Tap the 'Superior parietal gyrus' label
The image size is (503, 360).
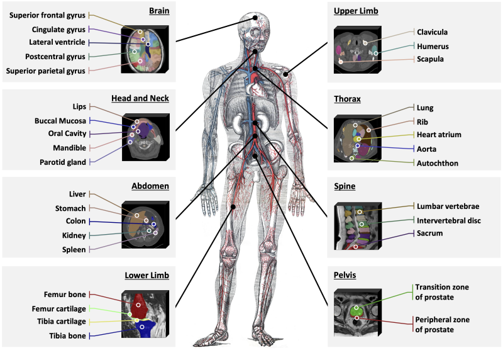pos(45,70)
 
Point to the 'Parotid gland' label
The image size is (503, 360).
pos(61,162)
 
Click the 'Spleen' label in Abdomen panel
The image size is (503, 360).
pos(74,249)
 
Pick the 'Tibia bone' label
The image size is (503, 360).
pos(68,336)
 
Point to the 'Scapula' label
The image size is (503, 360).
pos(431,59)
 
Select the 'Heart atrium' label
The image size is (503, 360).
pos(439,135)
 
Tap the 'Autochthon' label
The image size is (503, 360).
pos(438,162)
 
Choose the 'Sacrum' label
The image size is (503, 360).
pos(429,233)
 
